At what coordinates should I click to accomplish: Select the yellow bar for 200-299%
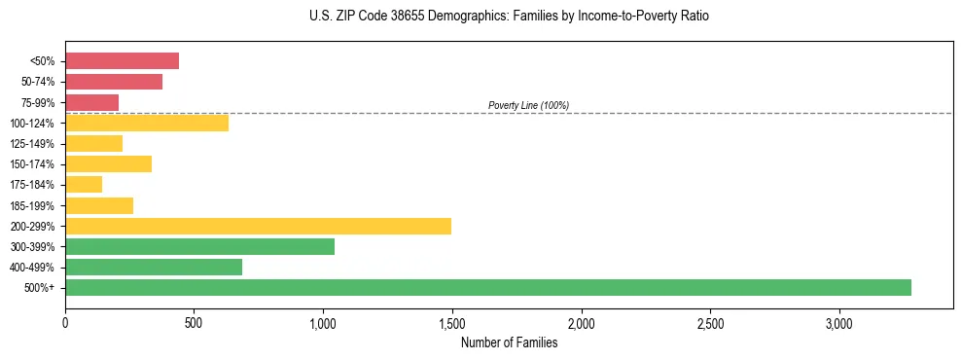[x=259, y=226]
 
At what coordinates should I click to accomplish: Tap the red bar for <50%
[x=123, y=61]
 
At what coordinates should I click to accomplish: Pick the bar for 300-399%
[x=200, y=246]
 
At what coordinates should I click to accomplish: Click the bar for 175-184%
[x=84, y=184]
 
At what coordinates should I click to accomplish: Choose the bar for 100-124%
[x=147, y=123]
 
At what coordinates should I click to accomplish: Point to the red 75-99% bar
[x=92, y=102]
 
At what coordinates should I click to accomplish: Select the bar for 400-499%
[x=154, y=267]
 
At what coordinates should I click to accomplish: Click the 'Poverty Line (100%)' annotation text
[x=528, y=105]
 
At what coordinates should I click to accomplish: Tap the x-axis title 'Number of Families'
[x=509, y=342]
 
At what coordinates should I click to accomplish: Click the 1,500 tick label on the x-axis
[x=452, y=323]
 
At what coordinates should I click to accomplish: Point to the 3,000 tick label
[x=839, y=323]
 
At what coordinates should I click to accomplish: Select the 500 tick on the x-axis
[x=194, y=323]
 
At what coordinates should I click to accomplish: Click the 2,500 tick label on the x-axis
[x=710, y=323]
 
